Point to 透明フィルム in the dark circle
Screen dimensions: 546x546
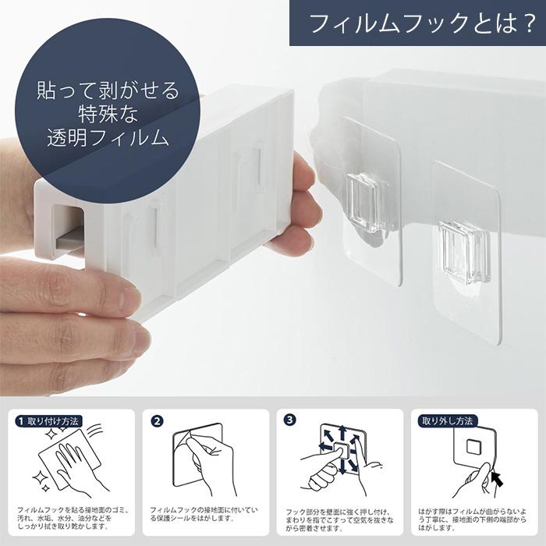tap(108, 140)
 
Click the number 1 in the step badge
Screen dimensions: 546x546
tap(21, 420)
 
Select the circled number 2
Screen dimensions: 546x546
tap(157, 420)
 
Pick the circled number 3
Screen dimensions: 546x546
tap(291, 420)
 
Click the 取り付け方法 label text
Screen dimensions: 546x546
tap(54, 420)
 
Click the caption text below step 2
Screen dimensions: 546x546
tap(206, 513)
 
